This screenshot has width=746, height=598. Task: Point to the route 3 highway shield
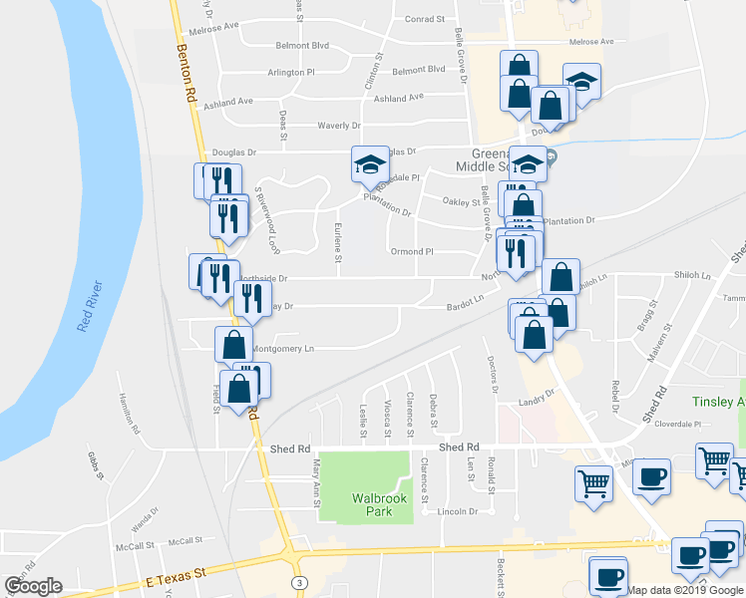pos(298,581)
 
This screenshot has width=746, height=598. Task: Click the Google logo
pos(33,586)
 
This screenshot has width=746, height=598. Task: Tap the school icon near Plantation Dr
pos(370,163)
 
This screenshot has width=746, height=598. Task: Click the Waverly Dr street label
pos(338,126)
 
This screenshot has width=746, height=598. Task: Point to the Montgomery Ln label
pos(282,349)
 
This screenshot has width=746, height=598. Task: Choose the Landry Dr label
pos(536,403)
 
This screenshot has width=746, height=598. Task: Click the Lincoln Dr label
pos(459,512)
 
